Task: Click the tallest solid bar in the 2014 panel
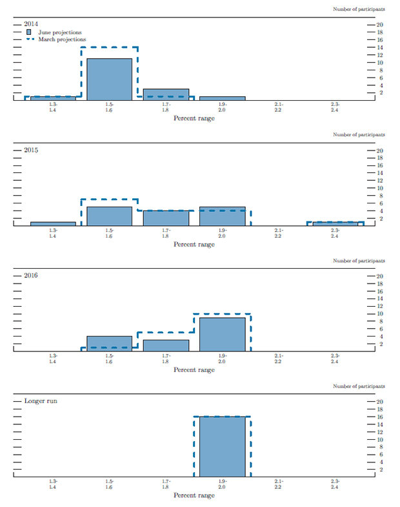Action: pyautogui.click(x=109, y=79)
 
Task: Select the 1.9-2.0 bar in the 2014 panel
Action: pyautogui.click(x=222, y=98)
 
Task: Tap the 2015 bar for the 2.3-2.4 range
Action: pyautogui.click(x=335, y=223)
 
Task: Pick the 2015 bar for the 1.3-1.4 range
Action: pyautogui.click(x=53, y=223)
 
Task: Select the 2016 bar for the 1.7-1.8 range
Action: pyautogui.click(x=166, y=345)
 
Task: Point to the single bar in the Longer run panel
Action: pyautogui.click(x=222, y=446)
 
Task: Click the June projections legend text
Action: pyautogui.click(x=59, y=32)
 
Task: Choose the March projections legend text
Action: pyautogui.click(x=61, y=39)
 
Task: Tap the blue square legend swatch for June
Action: pyautogui.click(x=28, y=32)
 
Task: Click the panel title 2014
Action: pyautogui.click(x=31, y=24)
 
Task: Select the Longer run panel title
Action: pyautogui.click(x=39, y=400)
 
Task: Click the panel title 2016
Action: pyautogui.click(x=31, y=275)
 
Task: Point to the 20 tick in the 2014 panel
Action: pyautogui.click(x=380, y=25)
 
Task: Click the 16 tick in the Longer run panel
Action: pyautogui.click(x=380, y=417)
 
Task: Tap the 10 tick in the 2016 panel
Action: pyautogui.click(x=380, y=314)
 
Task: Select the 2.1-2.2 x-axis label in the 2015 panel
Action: pyautogui.click(x=278, y=233)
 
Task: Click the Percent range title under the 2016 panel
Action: pyautogui.click(x=194, y=370)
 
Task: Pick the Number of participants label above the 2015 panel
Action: pyautogui.click(x=359, y=135)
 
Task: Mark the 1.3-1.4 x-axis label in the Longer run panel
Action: pyautogui.click(x=53, y=484)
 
